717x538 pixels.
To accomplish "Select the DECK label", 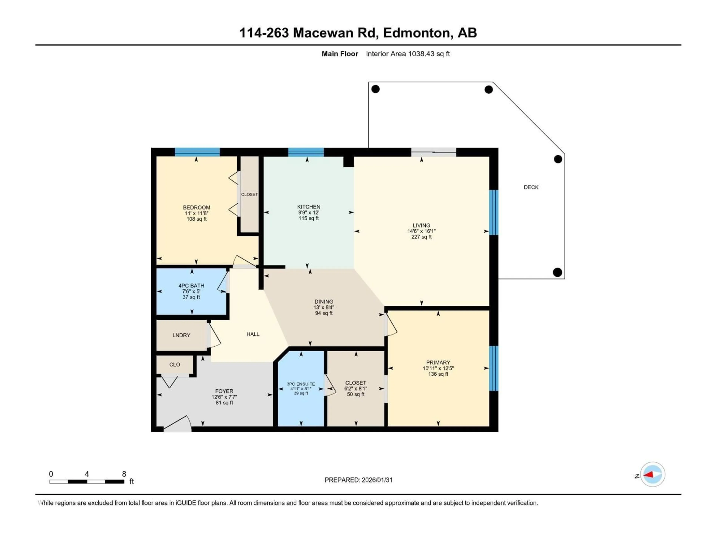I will pos(531,187).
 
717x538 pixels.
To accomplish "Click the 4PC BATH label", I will pos(191,286).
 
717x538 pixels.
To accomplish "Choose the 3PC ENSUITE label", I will pos(301,384).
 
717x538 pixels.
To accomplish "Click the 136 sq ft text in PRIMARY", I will pos(438,374).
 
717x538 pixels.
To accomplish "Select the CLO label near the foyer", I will pos(175,364).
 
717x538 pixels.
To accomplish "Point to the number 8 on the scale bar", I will pos(124,474).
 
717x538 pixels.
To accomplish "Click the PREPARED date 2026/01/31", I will pos(377,480).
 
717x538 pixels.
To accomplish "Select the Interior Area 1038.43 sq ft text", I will pos(408,54).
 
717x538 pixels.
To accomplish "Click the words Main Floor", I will pos(340,54).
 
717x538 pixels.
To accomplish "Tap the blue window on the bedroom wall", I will pos(197,152).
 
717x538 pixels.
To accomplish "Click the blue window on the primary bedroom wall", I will pos(493,368).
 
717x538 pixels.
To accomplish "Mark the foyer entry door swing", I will pos(178,424).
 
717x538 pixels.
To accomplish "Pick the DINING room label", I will pos(324,302).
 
